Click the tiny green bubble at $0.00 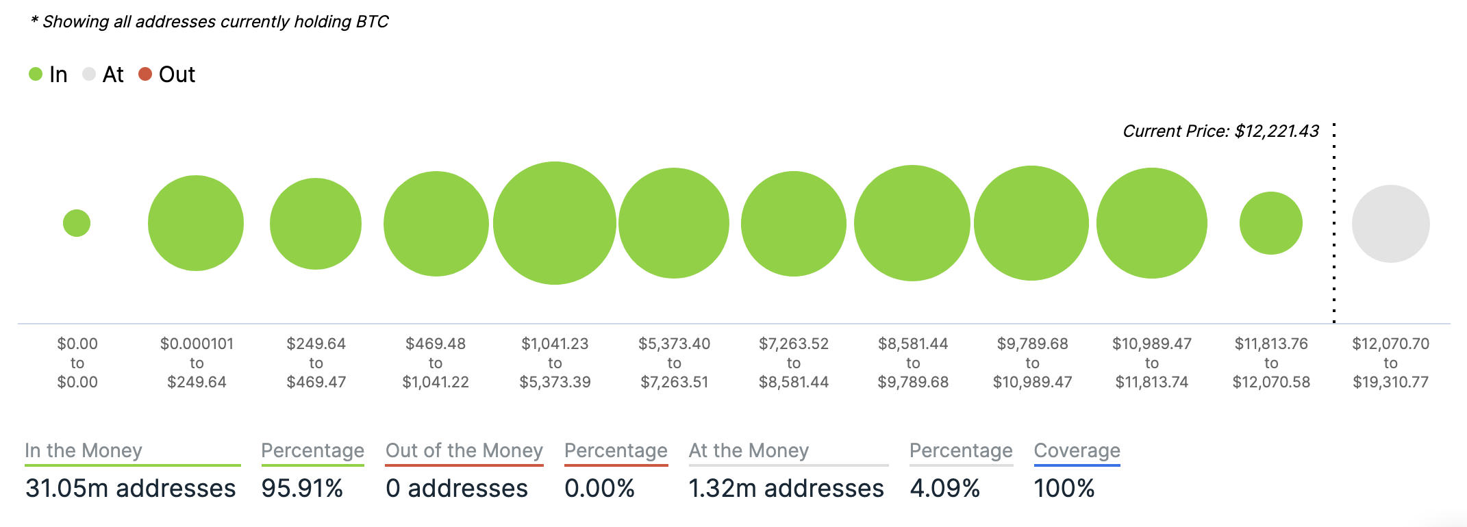[x=77, y=223]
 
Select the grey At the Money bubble [x=1390, y=224]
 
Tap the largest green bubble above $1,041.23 [x=555, y=223]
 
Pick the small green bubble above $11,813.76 [x=1271, y=223]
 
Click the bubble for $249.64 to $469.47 [x=316, y=224]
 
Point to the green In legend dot [x=36, y=74]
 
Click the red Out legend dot [x=145, y=74]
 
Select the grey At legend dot [x=89, y=74]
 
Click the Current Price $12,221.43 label [x=1220, y=131]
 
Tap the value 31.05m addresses [x=130, y=488]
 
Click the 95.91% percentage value [x=302, y=488]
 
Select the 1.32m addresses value [x=786, y=488]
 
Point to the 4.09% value [x=945, y=488]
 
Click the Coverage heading [x=1077, y=450]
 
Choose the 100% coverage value [x=1064, y=488]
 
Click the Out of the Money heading [x=464, y=450]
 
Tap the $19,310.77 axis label [x=1390, y=382]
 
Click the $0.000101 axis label [x=197, y=344]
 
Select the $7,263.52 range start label [x=794, y=344]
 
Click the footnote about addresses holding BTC [x=210, y=22]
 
